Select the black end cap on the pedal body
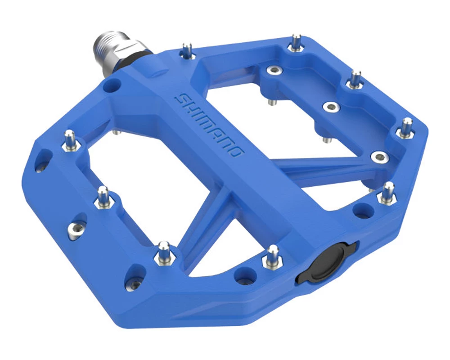pyautogui.click(x=327, y=262)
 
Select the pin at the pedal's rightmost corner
pyautogui.click(x=405, y=128)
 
